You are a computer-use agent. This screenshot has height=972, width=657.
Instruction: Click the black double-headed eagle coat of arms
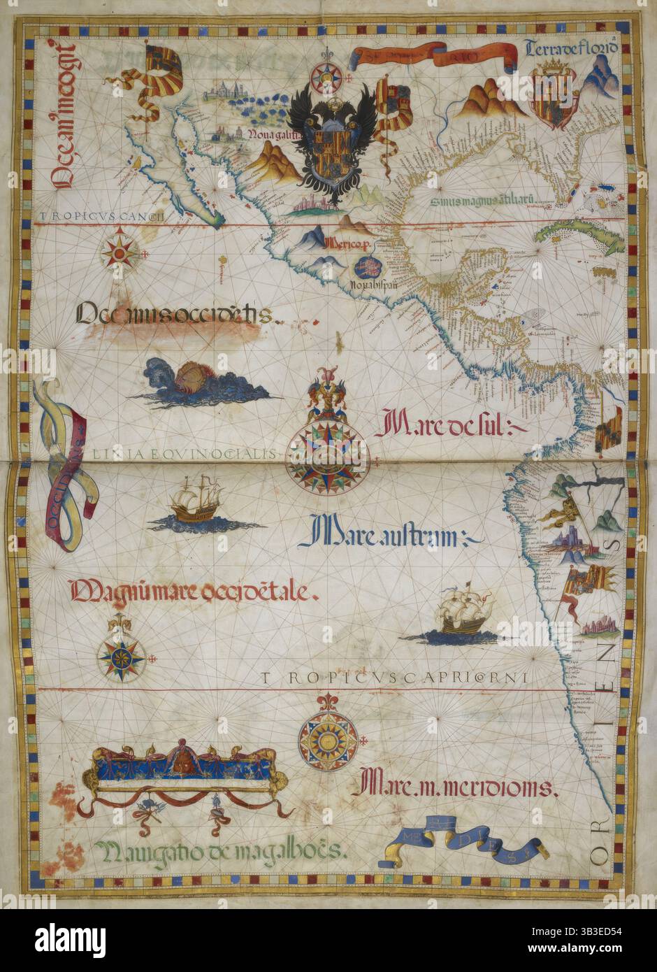click(x=332, y=143)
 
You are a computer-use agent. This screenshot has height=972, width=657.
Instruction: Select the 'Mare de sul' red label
click(x=436, y=426)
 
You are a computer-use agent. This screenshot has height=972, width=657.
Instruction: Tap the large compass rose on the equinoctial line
click(x=328, y=455)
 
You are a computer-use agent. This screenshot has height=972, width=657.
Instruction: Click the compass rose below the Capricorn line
click(x=328, y=738)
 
